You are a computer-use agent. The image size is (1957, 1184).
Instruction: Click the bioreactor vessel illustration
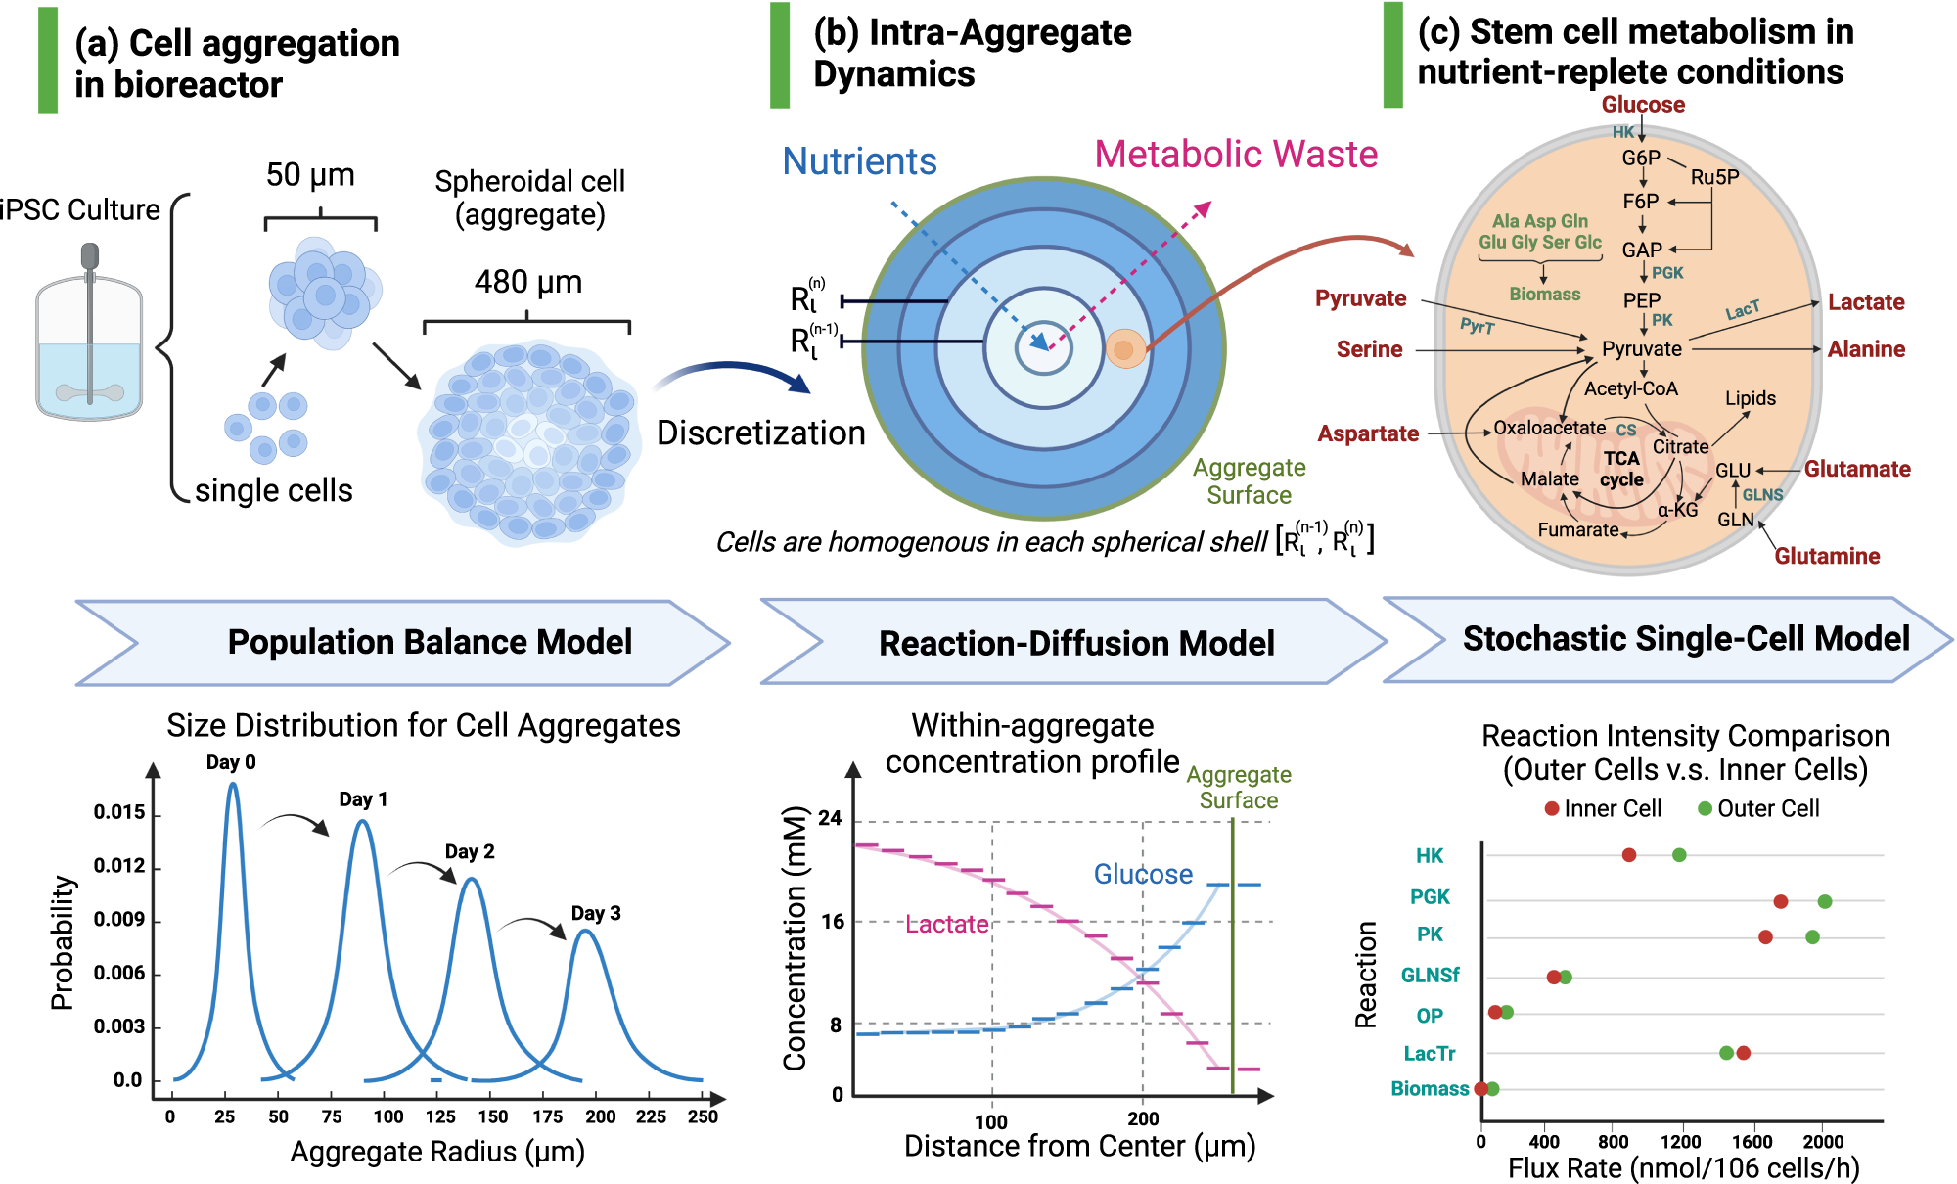coord(89,338)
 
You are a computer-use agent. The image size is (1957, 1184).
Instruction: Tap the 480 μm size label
coord(528,282)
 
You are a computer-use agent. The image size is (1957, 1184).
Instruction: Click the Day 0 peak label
coord(231,762)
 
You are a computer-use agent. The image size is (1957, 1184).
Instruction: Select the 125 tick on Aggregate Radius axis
coord(440,1116)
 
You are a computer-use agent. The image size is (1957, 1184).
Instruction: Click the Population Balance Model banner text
coord(430,642)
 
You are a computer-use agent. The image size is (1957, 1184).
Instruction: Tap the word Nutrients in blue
coord(859,161)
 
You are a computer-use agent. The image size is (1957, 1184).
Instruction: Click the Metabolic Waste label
coord(1235,155)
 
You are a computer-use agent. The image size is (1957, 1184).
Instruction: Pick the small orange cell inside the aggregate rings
coord(1125,349)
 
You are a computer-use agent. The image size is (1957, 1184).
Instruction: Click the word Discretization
coord(760,433)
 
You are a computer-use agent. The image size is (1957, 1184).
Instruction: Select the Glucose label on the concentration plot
coord(1143,874)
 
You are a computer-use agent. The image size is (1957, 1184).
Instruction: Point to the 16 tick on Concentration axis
coord(833,922)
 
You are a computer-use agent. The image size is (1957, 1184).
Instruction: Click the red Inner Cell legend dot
coord(1552,808)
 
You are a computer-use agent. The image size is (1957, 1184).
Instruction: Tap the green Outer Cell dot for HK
coord(1679,855)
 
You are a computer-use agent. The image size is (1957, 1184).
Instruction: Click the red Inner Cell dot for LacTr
coord(1743,1053)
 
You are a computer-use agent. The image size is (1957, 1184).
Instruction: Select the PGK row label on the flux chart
coord(1430,897)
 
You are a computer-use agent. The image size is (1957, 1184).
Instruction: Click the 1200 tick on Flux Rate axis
coord(1680,1142)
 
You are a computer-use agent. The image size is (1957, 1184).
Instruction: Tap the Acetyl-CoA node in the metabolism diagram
coord(1630,388)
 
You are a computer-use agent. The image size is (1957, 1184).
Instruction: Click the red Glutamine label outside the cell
coord(1827,556)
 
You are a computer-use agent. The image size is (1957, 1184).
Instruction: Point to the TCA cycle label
coord(1621,469)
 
